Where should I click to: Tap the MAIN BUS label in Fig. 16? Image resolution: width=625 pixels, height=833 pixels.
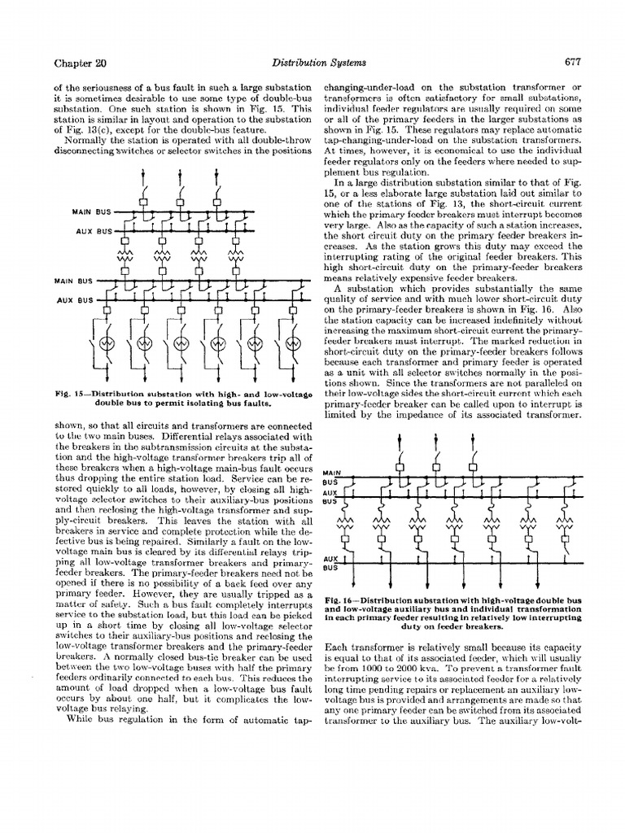click(x=332, y=477)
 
